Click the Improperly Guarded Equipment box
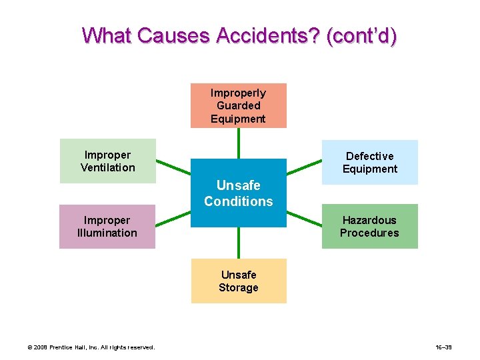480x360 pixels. (238, 105)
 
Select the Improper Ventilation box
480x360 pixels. (108, 161)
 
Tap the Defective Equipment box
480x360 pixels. (369, 162)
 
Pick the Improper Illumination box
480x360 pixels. (107, 226)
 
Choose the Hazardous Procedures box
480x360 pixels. (369, 226)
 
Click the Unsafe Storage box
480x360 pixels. (239, 281)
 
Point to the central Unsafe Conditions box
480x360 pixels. (239, 193)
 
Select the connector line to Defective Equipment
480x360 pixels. (304, 167)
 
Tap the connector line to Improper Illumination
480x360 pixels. (173, 219)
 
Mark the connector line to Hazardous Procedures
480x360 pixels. (304, 219)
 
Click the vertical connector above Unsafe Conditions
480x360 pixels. (239, 143)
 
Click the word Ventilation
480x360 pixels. (108, 167)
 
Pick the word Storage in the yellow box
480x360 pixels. (239, 287)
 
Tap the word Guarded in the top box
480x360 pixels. (239, 105)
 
